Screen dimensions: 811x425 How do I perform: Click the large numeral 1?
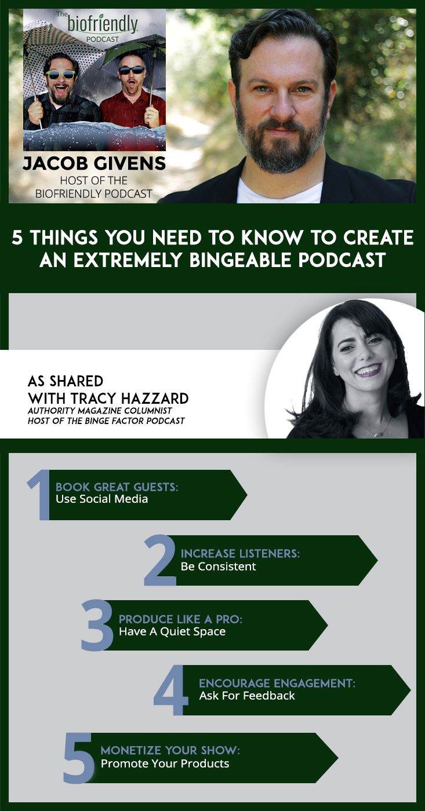tap(39, 495)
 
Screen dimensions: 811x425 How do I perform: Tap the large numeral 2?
tap(160, 560)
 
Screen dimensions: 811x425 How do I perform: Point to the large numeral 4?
tap(172, 691)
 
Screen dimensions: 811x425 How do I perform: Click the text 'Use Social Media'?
tap(101, 499)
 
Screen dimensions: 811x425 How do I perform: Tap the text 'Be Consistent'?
tap(218, 567)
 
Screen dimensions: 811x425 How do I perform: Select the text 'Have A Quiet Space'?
tap(172, 631)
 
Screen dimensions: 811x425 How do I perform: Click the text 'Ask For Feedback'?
tap(247, 696)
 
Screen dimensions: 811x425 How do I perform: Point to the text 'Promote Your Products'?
tap(165, 763)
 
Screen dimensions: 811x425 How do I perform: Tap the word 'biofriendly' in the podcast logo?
tap(102, 24)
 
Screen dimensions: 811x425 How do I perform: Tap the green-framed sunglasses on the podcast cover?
tap(61, 74)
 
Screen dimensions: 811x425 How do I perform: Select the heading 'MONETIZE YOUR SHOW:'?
tap(170, 751)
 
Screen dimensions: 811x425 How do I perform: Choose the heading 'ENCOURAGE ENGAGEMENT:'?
tap(277, 684)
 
